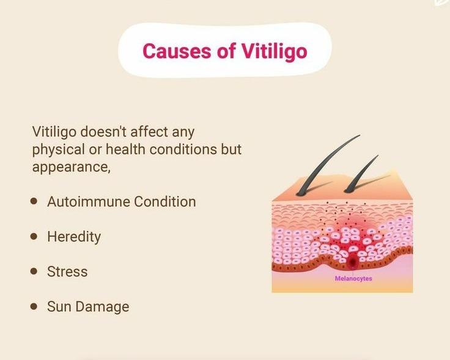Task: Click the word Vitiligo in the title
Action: [x=274, y=51]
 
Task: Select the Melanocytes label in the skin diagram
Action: [x=353, y=279]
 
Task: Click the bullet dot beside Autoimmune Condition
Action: [x=34, y=201]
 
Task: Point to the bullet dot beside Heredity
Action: [x=34, y=236]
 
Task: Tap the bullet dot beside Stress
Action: [x=34, y=271]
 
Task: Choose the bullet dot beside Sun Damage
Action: [x=34, y=306]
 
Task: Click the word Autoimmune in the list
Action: [x=89, y=201]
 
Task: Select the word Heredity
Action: [x=74, y=237]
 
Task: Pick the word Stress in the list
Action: [x=67, y=271]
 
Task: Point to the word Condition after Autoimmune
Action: [x=164, y=201]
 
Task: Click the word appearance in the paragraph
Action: [x=71, y=167]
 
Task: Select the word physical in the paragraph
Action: [x=59, y=150]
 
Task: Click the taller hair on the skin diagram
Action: [x=326, y=166]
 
